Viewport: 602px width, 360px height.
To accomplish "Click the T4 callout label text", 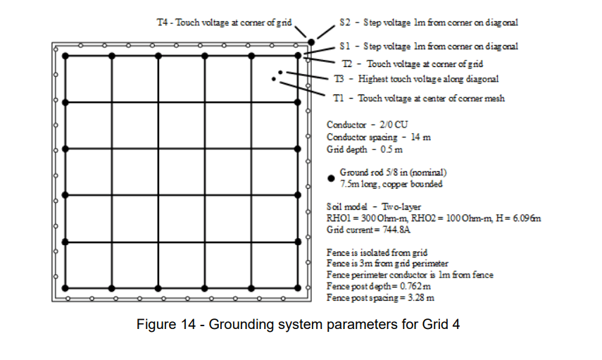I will click(x=224, y=23).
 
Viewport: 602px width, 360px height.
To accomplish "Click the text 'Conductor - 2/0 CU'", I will click(x=367, y=124).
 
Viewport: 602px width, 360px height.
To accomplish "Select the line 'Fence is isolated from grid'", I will click(x=377, y=252).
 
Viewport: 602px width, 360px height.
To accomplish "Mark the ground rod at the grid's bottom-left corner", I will click(x=65, y=288).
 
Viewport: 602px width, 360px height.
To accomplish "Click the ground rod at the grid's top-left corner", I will click(x=65, y=56).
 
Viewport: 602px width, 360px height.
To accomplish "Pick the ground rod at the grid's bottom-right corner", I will click(x=298, y=288).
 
